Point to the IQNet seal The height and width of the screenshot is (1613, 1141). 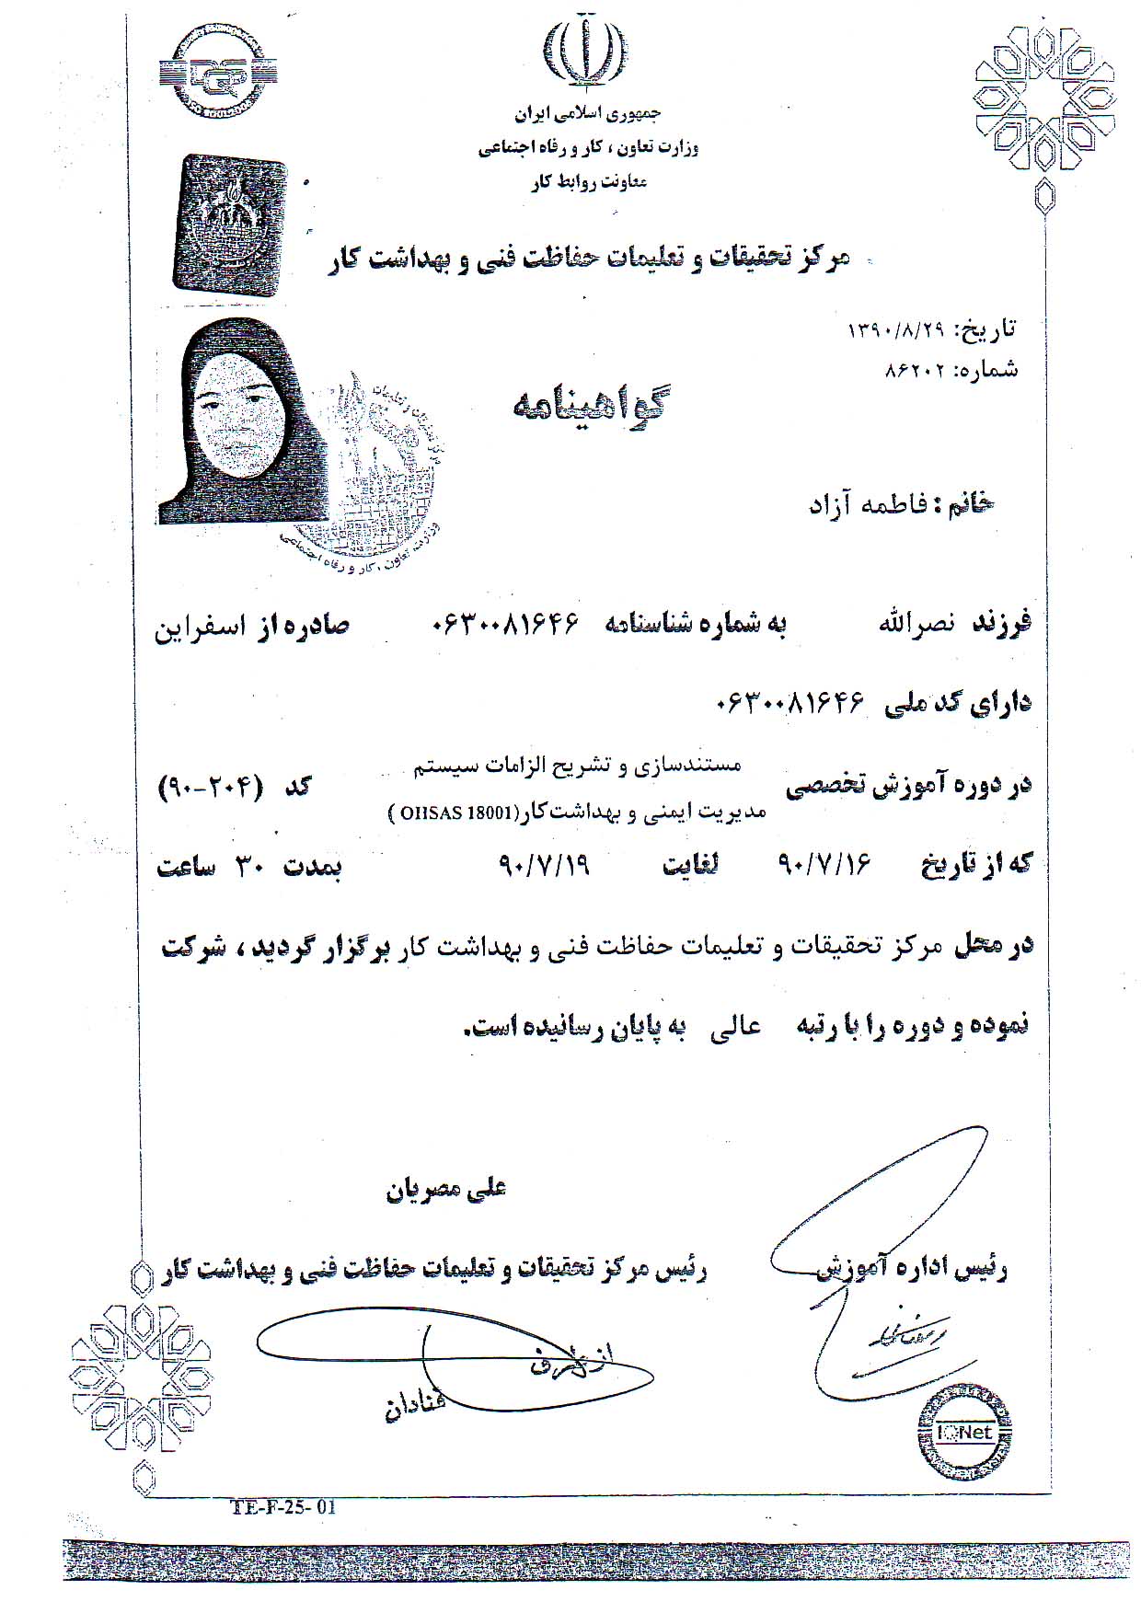965,1431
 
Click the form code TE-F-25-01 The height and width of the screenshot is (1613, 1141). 283,1506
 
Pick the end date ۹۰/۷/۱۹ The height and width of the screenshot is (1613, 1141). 544,865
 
